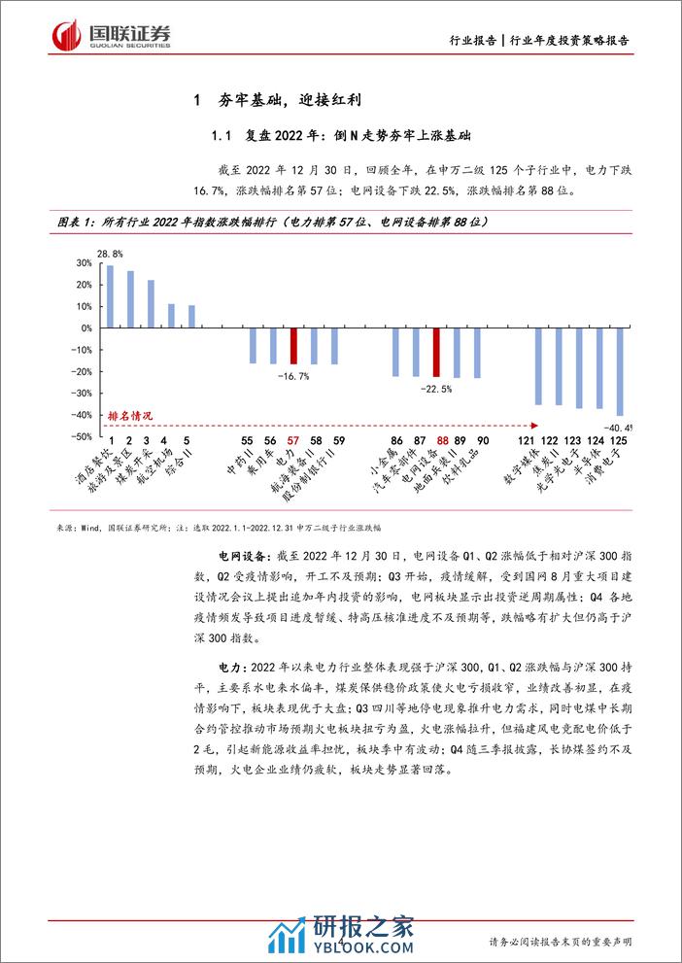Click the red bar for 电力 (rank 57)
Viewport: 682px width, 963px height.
pyautogui.click(x=293, y=346)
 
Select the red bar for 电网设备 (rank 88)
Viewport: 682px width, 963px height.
pyautogui.click(x=437, y=353)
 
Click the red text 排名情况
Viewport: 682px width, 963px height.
pyautogui.click(x=130, y=415)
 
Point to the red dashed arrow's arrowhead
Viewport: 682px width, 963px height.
pyautogui.click(x=535, y=425)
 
